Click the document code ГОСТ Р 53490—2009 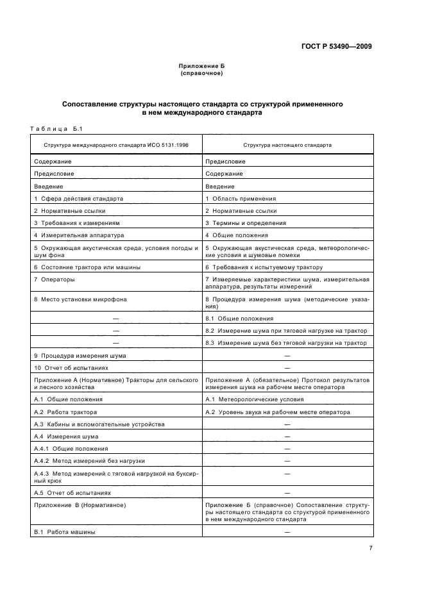(x=336, y=46)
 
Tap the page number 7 (x=370, y=547)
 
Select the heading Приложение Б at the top (x=202, y=66)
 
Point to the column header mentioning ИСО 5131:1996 (x=115, y=145)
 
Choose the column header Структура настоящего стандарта (x=287, y=145)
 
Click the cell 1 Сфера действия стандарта (x=78, y=199)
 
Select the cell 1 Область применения (x=241, y=199)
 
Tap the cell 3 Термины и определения (x=246, y=223)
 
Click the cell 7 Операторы (x=55, y=279)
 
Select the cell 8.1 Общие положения (x=239, y=319)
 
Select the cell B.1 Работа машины (x=64, y=533)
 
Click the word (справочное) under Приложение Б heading (x=202, y=73)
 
